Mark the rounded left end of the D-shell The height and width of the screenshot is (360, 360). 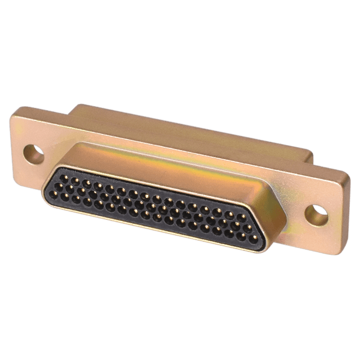[48, 186]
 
